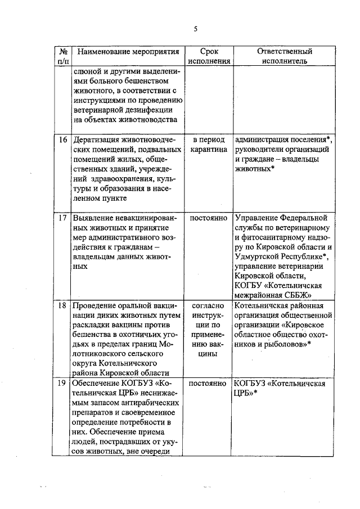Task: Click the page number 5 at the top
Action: coord(195,29)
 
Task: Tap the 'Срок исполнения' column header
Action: coord(209,56)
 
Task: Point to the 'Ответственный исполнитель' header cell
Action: coord(285,56)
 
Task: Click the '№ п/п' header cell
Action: coord(63,56)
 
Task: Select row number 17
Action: coord(63,217)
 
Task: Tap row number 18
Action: coord(63,306)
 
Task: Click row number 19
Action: coord(63,383)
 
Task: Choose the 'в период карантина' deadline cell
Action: coord(209,145)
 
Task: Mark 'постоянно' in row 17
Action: coord(209,217)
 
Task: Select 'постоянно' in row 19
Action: coord(209,383)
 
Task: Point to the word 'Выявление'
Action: coord(93,217)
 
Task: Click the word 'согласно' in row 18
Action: coord(209,306)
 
